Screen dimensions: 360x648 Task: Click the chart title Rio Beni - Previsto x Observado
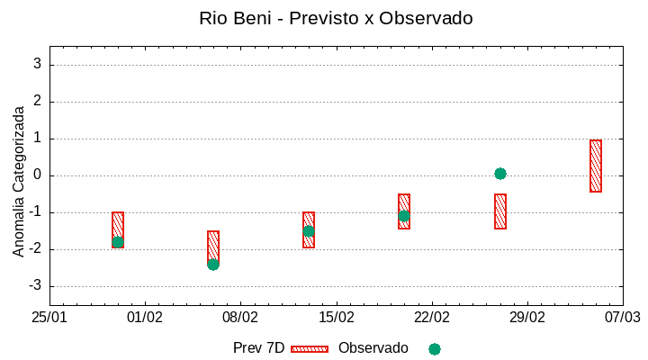335,18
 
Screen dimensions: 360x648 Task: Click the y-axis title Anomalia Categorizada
19,181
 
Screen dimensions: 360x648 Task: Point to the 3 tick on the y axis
38,65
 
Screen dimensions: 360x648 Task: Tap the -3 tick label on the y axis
35,286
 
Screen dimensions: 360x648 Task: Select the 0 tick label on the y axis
38,175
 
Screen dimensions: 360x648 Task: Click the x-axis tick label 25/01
49,318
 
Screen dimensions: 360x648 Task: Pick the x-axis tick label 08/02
240,318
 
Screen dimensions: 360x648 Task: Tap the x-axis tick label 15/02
336,318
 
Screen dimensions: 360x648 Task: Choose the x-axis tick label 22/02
431,318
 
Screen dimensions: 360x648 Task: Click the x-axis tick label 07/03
622,318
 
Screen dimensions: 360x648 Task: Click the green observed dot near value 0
500,174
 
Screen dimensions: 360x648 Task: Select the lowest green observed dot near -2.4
213,265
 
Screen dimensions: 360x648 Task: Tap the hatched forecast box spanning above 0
596,166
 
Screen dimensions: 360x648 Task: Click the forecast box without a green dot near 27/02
500,211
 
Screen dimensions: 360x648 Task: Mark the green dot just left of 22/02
404,216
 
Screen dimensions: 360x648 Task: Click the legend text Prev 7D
258,348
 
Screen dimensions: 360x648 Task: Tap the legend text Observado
373,348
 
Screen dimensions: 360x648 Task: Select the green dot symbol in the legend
435,349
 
